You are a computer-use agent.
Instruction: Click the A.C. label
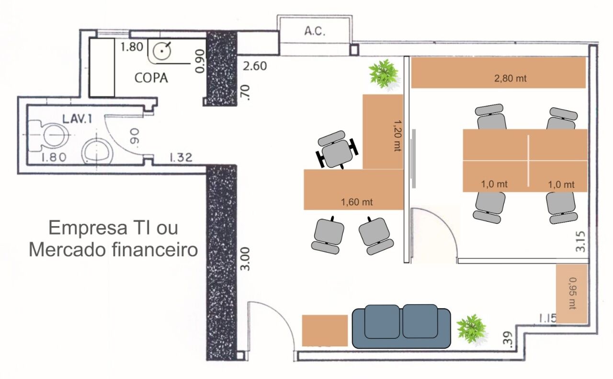point(315,31)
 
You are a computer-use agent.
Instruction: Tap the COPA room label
point(151,78)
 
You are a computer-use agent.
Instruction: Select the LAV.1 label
point(77,119)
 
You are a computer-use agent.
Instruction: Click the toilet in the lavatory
point(49,136)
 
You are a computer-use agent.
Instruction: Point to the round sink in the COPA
point(162,51)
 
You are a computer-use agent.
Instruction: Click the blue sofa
point(401,326)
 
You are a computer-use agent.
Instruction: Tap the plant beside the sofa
point(472,330)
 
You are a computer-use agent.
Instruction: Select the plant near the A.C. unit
point(384,74)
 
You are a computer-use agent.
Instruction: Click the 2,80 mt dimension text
point(510,79)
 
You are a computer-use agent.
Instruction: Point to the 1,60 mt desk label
point(357,202)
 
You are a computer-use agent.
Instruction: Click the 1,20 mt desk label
point(397,136)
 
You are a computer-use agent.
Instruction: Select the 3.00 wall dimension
point(245,259)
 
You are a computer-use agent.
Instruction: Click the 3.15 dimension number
point(580,242)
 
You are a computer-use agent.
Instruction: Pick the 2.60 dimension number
point(255,66)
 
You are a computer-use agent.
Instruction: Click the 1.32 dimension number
point(181,158)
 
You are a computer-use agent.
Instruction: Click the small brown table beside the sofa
point(325,331)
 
